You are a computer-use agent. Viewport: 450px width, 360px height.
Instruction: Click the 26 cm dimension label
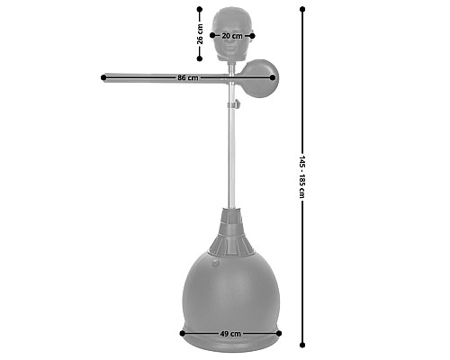[x=200, y=34]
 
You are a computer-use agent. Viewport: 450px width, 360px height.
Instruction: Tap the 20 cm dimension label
[x=232, y=36]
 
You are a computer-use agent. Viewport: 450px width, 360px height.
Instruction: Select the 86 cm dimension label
[x=188, y=77]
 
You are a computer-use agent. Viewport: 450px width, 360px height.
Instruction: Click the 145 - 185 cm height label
[x=302, y=176]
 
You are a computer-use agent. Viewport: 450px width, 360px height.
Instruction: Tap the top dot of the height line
[x=302, y=9]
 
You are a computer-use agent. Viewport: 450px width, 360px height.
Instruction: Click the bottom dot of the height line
[x=302, y=345]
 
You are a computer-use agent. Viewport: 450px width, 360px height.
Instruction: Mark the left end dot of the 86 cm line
[x=103, y=77]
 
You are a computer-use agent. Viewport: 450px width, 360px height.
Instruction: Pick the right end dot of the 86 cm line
[x=273, y=77]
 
